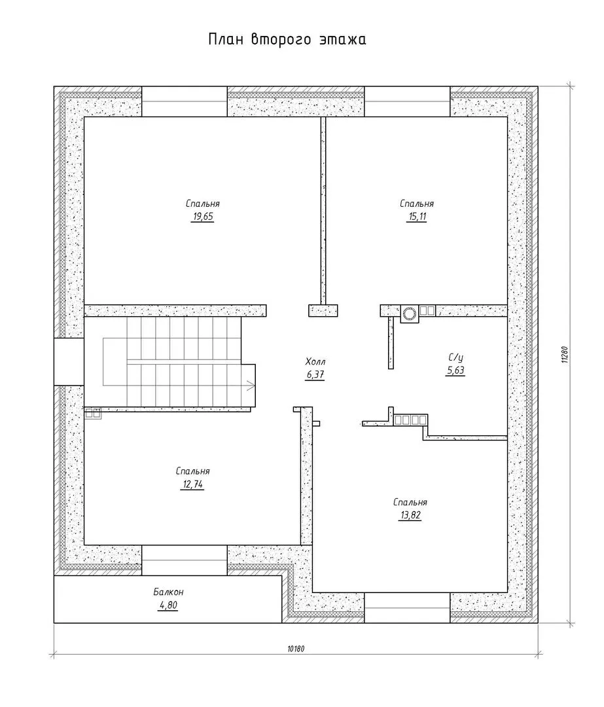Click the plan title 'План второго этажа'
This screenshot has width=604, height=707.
(x=287, y=39)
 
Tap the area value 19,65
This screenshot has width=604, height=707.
(x=203, y=217)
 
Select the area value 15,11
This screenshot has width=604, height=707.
(x=417, y=217)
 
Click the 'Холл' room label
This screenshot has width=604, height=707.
(x=315, y=361)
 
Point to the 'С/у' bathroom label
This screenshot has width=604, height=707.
(x=455, y=357)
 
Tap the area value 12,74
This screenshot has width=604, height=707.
(x=192, y=484)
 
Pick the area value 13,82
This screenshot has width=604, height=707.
(x=410, y=515)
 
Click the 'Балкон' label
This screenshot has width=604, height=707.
(x=168, y=592)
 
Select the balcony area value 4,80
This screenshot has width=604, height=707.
(x=168, y=605)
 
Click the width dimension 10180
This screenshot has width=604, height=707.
(x=296, y=649)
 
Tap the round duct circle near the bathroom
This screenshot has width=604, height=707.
(x=410, y=314)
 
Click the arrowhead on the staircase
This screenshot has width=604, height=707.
(x=251, y=385)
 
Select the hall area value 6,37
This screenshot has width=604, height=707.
(x=315, y=374)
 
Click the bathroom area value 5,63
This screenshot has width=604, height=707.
(x=455, y=371)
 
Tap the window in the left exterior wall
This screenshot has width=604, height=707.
(x=69, y=361)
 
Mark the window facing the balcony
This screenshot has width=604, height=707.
(x=185, y=560)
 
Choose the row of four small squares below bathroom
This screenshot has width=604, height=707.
(x=410, y=420)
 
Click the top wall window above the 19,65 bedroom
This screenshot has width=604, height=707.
(x=185, y=101)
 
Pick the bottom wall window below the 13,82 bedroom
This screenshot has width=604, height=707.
(x=407, y=607)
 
